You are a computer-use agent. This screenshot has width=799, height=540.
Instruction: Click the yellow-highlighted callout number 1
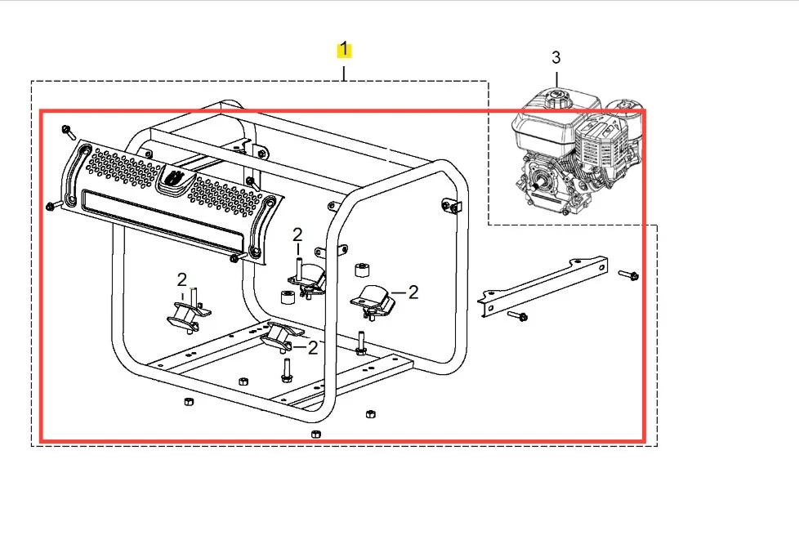point(344,49)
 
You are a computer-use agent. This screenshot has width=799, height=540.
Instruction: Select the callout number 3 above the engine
point(556,57)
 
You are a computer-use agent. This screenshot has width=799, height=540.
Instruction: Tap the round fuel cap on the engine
point(557,96)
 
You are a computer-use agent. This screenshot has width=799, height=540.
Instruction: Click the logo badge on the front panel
point(176,181)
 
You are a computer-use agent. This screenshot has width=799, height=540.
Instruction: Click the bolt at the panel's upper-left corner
point(69,132)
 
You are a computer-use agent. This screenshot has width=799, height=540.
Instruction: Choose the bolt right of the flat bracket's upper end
point(629,275)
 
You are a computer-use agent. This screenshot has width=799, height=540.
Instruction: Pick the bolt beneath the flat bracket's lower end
point(517,316)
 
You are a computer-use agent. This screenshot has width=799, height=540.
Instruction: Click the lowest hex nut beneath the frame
point(315,434)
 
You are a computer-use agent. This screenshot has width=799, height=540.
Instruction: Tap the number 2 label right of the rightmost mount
point(413,292)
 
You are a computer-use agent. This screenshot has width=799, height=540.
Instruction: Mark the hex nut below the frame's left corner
point(188,401)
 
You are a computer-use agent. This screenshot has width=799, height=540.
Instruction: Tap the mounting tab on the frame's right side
point(452,206)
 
